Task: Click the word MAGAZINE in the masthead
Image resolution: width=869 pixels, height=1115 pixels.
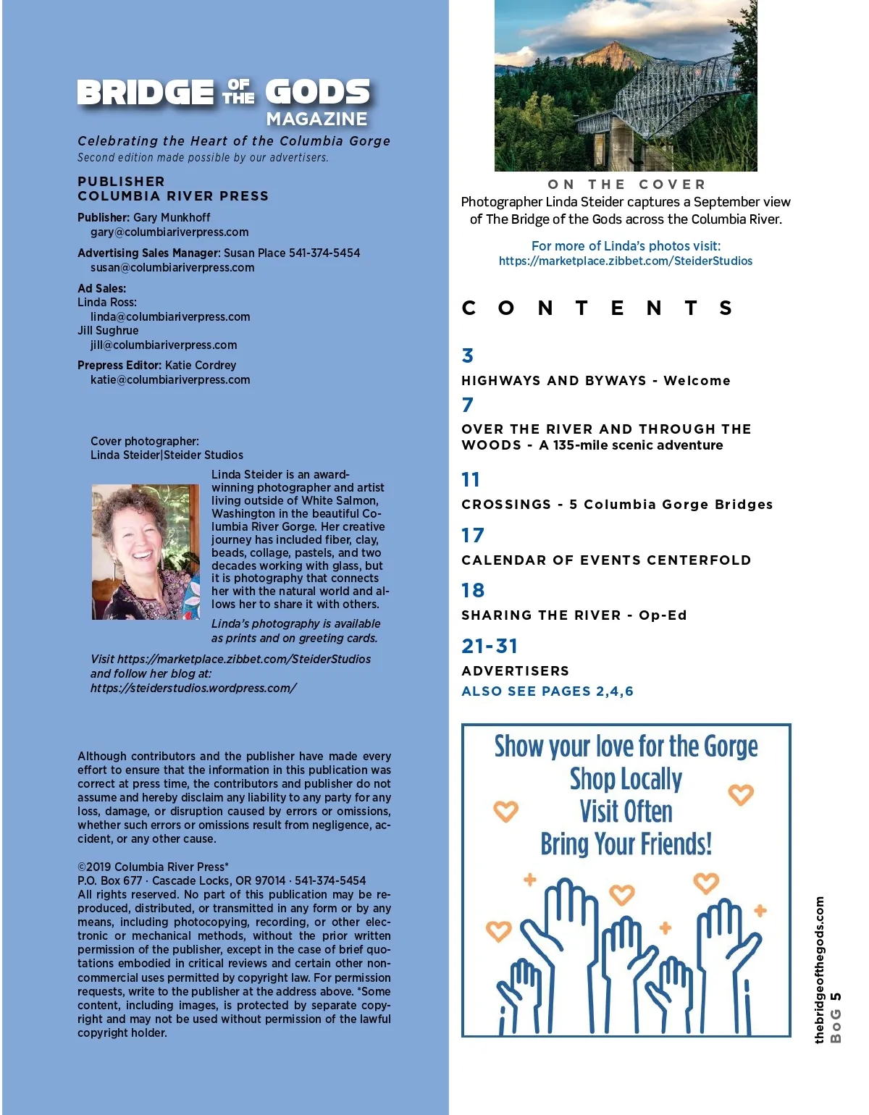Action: pos(316,119)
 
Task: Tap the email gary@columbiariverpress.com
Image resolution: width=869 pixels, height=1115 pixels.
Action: pos(169,232)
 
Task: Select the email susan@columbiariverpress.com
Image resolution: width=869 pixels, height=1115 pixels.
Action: pos(172,268)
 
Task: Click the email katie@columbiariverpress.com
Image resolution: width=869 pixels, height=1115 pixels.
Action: pos(170,380)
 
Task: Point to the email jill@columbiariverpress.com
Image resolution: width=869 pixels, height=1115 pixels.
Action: pos(164,345)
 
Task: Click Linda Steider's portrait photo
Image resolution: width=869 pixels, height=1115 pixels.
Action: pos(146,552)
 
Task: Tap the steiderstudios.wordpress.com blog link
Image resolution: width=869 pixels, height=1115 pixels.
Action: pos(193,689)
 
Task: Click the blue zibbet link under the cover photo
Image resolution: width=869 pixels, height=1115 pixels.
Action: pos(626,261)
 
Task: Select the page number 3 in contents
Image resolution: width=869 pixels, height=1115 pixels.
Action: pos(468,355)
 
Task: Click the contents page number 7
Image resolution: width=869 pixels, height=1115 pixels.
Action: pos(468,405)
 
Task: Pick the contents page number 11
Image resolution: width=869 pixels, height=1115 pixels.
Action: pos(471,480)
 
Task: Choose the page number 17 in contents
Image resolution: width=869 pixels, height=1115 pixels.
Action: pos(473,536)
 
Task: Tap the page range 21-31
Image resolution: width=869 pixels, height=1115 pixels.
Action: pos(490,646)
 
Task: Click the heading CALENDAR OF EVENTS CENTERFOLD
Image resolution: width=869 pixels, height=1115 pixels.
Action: pos(606,560)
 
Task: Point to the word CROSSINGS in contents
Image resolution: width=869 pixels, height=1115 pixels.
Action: pos(506,505)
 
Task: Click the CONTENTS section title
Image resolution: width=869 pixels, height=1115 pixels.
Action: pos(597,308)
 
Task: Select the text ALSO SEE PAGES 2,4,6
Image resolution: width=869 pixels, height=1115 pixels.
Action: pos(547,691)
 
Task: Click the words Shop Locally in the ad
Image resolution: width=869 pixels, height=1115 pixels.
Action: pos(626,779)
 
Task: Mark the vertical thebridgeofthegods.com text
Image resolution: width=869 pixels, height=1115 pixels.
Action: pos(820,970)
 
